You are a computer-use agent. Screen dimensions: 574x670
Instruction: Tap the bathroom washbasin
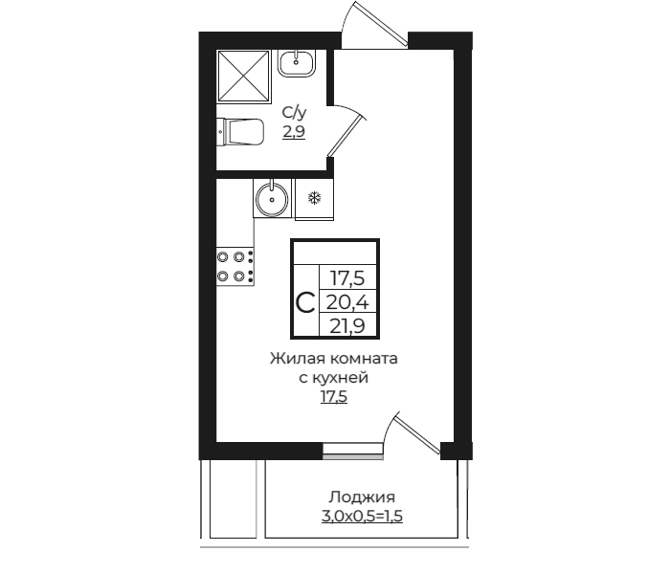point(298,65)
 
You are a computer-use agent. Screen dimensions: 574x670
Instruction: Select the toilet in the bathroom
point(240,130)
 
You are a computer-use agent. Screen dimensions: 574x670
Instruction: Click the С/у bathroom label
point(293,115)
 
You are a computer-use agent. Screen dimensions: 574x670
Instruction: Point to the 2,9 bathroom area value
point(293,133)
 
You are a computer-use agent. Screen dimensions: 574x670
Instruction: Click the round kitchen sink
point(274,199)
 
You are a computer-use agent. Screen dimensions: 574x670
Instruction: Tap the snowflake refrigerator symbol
point(313,198)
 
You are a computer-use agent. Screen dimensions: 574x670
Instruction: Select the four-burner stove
point(234,266)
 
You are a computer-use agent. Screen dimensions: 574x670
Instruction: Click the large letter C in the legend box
point(305,303)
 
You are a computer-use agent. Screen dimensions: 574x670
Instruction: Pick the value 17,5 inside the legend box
point(347,278)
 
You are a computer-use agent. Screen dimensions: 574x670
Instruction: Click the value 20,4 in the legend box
point(347,303)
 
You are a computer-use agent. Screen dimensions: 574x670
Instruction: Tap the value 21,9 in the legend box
point(347,326)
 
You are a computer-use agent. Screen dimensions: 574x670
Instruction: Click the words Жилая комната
point(332,359)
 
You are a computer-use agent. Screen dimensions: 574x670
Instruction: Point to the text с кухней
point(333,378)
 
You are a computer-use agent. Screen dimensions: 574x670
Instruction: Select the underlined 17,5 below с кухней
point(333,396)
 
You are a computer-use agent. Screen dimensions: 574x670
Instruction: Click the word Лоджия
point(362,497)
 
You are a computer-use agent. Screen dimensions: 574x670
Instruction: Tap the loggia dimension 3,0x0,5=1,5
point(361,517)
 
